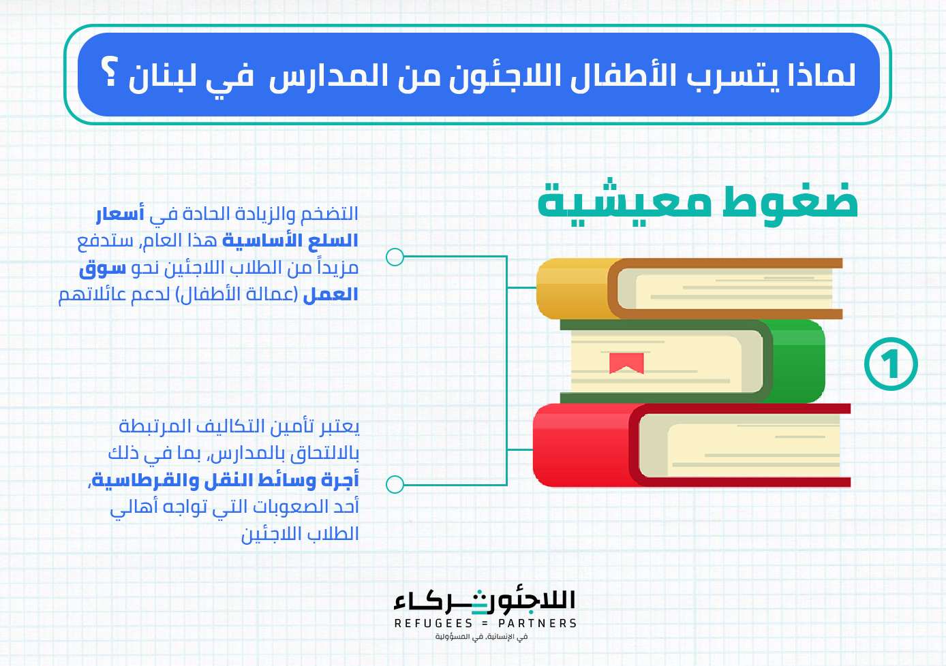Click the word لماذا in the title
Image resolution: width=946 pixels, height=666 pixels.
[821, 75]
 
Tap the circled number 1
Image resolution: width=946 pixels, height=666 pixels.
[891, 364]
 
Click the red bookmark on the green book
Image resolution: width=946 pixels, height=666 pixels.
[626, 363]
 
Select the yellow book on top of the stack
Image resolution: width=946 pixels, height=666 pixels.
[689, 289]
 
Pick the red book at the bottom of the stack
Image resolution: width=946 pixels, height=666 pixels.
[692, 445]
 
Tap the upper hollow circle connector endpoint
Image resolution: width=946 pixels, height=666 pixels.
[395, 257]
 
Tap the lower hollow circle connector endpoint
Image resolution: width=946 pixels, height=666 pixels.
[395, 484]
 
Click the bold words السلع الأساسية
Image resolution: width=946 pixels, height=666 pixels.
[290, 240]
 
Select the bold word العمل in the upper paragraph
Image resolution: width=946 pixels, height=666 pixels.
[331, 294]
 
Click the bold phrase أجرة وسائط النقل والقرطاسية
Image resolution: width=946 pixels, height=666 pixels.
[225, 480]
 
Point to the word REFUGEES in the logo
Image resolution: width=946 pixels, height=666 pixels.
[433, 623]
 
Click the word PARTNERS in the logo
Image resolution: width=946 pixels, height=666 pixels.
[537, 623]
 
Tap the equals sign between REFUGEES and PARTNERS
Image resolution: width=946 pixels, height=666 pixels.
[485, 623]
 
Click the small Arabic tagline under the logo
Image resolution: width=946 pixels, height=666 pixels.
[481, 637]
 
